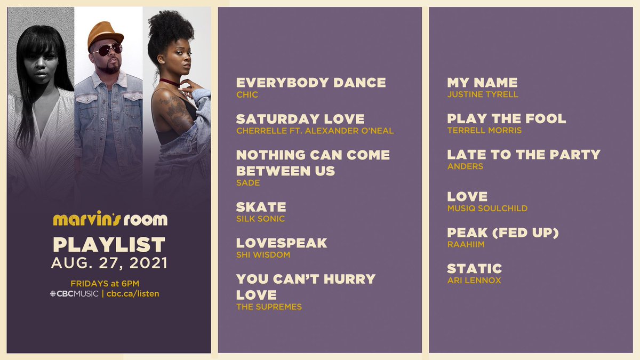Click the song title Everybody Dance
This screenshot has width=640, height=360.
pyautogui.click(x=311, y=83)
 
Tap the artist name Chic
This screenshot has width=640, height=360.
pyautogui.click(x=246, y=95)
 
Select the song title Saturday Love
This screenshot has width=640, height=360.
pyautogui.click(x=300, y=119)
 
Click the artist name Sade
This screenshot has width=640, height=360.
pyautogui.click(x=248, y=183)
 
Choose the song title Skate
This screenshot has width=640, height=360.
pyautogui.click(x=261, y=207)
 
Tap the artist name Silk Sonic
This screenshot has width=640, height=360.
pyautogui.click(x=260, y=219)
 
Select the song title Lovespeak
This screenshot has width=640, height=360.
pyautogui.click(x=282, y=243)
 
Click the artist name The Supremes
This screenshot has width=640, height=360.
pyautogui.click(x=269, y=307)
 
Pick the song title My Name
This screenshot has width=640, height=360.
pyautogui.click(x=482, y=83)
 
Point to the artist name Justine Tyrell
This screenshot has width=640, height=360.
pyautogui.click(x=483, y=95)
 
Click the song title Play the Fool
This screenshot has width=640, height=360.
pyautogui.click(x=506, y=119)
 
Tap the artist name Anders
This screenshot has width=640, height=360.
pyautogui.click(x=465, y=166)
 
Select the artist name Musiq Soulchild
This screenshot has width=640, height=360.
pyautogui.click(x=487, y=209)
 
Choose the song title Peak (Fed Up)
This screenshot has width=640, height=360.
pyautogui.click(x=502, y=233)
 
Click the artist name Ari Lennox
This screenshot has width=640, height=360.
pyautogui.click(x=474, y=281)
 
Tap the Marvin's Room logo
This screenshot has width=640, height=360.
pyautogui.click(x=110, y=219)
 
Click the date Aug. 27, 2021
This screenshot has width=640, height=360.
pyautogui.click(x=109, y=262)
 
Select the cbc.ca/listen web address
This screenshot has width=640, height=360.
pyautogui.click(x=133, y=293)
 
